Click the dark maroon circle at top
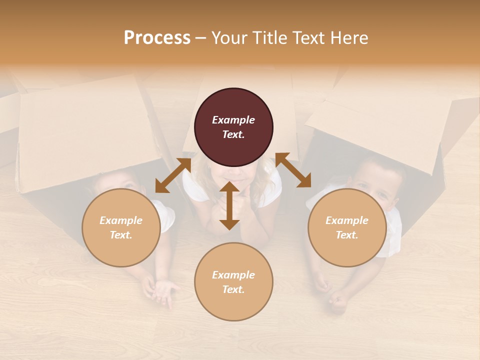[x=233, y=127]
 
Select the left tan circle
[x=121, y=227]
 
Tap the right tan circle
[x=346, y=227]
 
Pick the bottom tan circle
[x=233, y=282]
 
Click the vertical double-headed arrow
[x=229, y=205]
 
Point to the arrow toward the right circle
[x=293, y=170]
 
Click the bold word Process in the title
[x=157, y=37]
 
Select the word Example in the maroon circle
[x=233, y=120]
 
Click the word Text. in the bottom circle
[x=233, y=289]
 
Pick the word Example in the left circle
[x=121, y=220]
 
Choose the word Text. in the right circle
[x=346, y=235]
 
